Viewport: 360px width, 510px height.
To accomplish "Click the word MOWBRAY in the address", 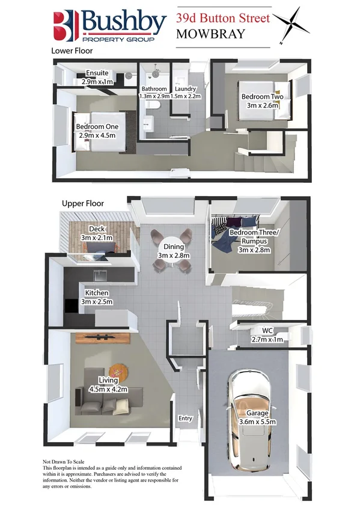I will click(210, 34).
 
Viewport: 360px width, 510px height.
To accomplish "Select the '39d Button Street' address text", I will click(223, 18).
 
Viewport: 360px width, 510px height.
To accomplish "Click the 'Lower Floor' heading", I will click(72, 51).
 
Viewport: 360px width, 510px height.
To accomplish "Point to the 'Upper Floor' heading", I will click(83, 204).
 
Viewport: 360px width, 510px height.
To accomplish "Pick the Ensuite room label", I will click(97, 76).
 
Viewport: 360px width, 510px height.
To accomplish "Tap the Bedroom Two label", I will click(262, 100).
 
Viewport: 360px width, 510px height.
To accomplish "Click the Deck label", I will click(97, 233).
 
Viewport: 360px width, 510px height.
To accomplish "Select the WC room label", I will click(267, 334).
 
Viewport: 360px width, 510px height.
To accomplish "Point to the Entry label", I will click(185, 419).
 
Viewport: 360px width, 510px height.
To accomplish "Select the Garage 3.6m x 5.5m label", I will click(256, 417).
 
